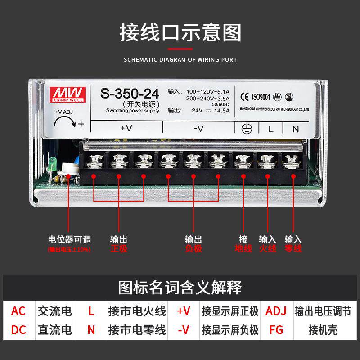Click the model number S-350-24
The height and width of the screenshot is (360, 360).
point(130,94)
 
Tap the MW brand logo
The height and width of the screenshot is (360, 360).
point(69,91)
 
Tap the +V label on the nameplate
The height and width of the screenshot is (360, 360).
point(126,128)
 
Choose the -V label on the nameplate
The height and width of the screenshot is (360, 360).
point(198,128)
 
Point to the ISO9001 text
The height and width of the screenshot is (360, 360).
point(261,96)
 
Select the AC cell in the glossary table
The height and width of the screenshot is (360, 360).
point(18,311)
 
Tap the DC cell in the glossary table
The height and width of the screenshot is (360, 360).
point(18,330)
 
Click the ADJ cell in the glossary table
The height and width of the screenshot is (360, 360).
point(276,311)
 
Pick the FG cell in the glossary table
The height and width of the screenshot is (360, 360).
point(276,330)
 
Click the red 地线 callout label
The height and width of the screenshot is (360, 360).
point(243,248)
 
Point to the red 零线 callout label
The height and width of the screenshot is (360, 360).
point(293,248)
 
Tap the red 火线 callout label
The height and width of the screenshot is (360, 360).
point(268,248)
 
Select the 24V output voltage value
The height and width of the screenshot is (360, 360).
point(197,110)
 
